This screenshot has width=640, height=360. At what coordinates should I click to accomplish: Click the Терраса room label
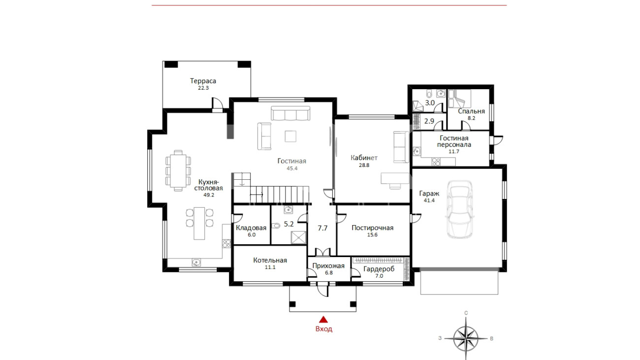point(203,81)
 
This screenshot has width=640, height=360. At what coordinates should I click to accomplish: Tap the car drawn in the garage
point(459,209)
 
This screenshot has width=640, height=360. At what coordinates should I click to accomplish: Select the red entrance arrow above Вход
point(323,320)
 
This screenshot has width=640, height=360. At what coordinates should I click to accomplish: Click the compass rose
point(466,338)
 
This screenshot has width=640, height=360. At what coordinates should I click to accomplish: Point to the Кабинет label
point(364,158)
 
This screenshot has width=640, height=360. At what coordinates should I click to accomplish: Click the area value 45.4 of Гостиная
point(292,168)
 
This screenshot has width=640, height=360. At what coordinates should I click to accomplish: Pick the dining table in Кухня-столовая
point(178,170)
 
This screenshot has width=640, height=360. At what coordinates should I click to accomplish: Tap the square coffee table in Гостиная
point(290,136)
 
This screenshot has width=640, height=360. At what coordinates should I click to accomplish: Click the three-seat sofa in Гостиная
point(290,113)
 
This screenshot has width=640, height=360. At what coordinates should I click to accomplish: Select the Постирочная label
point(372,228)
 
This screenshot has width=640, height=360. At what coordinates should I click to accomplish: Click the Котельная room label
point(270,261)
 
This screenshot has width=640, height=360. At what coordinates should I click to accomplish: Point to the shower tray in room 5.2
point(298,238)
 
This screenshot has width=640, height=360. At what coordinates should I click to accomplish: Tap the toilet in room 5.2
point(276,226)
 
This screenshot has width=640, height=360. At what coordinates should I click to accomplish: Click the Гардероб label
point(379,269)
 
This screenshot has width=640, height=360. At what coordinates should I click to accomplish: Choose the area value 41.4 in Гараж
point(429,200)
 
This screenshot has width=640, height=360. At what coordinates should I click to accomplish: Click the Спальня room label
point(472,111)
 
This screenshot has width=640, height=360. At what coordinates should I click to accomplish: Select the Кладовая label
point(251,228)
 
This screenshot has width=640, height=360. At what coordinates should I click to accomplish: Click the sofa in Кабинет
point(401,147)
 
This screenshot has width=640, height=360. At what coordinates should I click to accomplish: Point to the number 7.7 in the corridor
point(322,228)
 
